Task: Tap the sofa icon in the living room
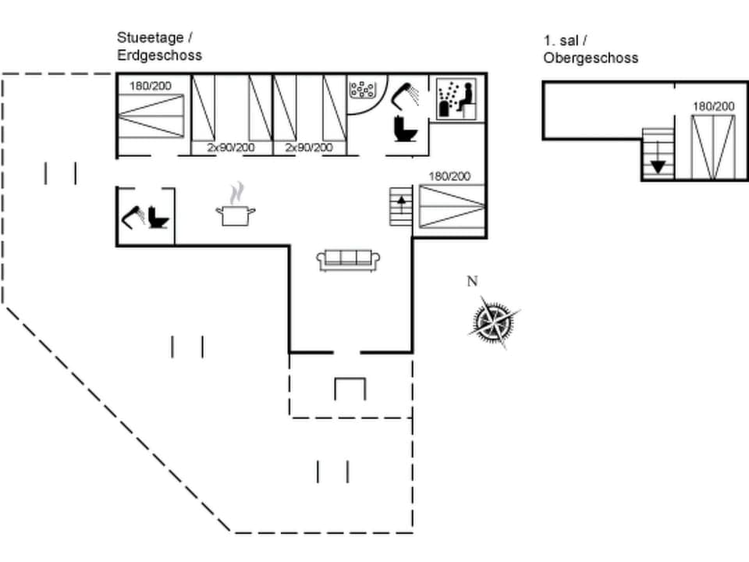coord(348,260)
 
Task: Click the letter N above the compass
coord(472,282)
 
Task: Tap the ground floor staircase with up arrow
coord(401,206)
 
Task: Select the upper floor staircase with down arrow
coord(657,153)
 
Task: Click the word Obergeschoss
coord(591,58)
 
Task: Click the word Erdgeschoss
coord(159,55)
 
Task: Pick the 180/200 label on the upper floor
coord(713,106)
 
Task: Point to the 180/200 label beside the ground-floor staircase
coord(449,176)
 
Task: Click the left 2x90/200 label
coord(230,148)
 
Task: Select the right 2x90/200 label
coord(308,148)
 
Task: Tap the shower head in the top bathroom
coord(404,95)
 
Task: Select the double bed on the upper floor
coord(713,146)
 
